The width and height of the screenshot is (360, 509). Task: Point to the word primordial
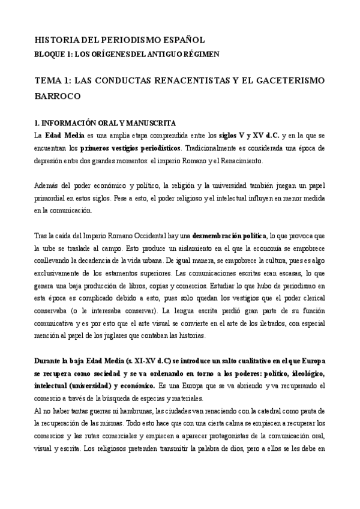[53, 199]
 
